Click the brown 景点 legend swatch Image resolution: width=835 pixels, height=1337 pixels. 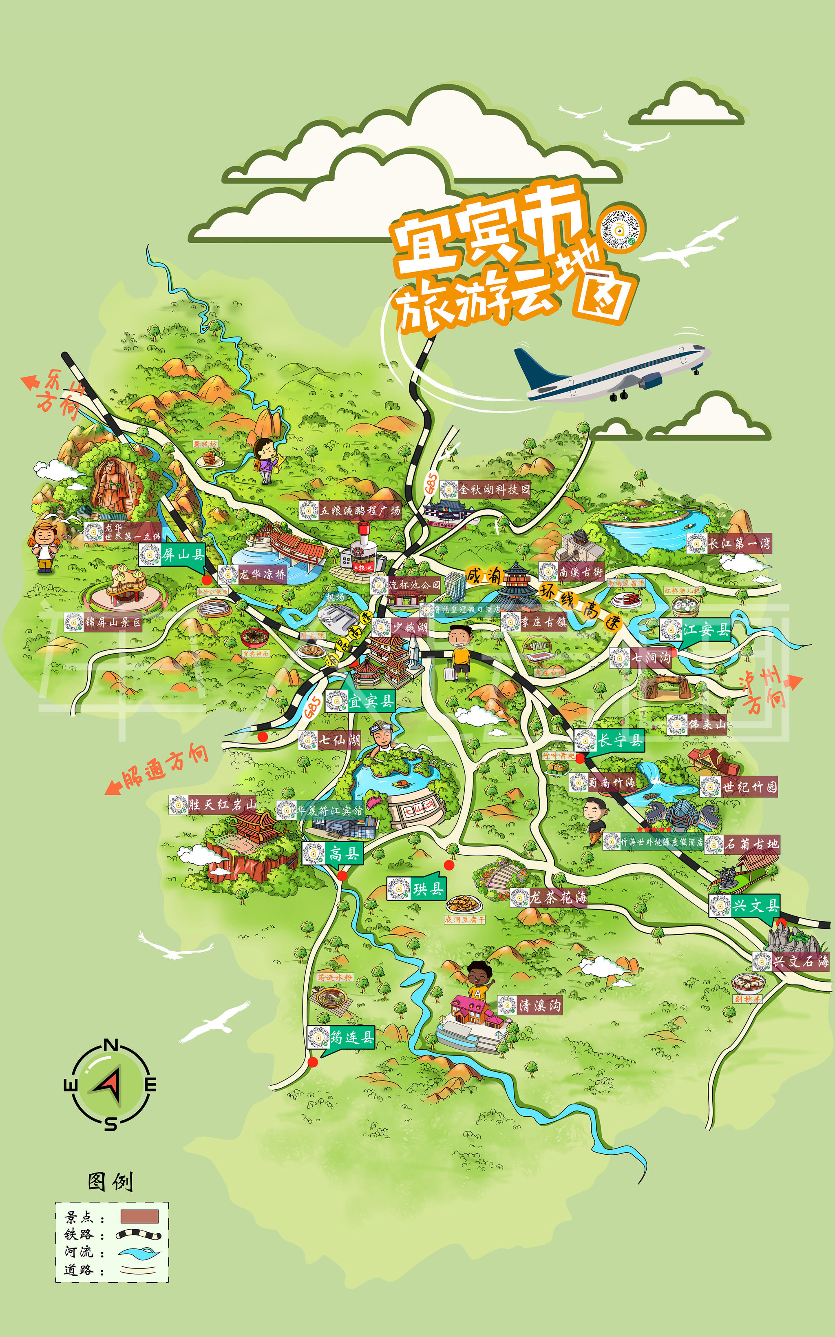point(140,1216)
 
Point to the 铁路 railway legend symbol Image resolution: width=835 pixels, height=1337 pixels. point(138,1234)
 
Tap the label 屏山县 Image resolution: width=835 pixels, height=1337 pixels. point(183,554)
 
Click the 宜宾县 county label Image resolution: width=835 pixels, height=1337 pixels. point(371,701)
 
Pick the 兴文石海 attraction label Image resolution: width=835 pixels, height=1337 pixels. point(800,961)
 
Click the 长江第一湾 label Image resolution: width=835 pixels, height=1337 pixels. point(739,543)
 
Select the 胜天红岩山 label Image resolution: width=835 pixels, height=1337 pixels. point(221,805)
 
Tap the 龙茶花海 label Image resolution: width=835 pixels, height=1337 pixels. point(558,898)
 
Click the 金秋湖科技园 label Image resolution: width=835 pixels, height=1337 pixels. point(494,489)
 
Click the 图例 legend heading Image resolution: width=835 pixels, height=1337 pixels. point(110,1182)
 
